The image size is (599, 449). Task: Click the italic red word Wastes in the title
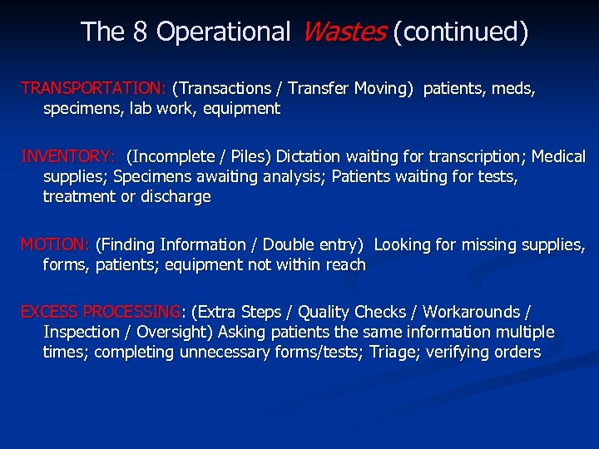click(x=342, y=32)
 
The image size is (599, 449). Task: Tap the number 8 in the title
click(x=141, y=32)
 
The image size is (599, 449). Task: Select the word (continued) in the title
click(x=460, y=32)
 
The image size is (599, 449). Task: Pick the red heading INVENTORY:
click(x=68, y=156)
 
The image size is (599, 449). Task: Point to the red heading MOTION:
click(x=55, y=245)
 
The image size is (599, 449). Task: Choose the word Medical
click(x=558, y=156)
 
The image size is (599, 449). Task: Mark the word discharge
click(x=174, y=197)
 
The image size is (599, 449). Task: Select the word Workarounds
click(x=472, y=313)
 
